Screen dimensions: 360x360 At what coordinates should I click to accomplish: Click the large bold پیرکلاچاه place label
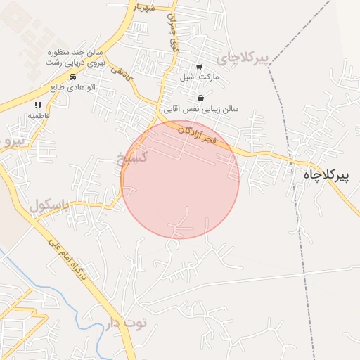pyautogui.click(x=330, y=174)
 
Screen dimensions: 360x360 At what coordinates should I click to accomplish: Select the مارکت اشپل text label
pyautogui.click(x=200, y=76)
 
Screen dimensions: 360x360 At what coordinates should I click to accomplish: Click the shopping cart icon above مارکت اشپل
pyautogui.click(x=200, y=67)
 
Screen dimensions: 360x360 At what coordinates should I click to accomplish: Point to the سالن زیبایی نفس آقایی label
pyautogui.click(x=202, y=109)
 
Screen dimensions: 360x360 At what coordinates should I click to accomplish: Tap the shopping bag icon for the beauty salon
pyautogui.click(x=201, y=98)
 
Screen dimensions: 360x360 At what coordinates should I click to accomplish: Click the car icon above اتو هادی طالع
pyautogui.click(x=73, y=77)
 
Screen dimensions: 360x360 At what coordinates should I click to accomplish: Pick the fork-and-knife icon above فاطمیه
pyautogui.click(x=37, y=105)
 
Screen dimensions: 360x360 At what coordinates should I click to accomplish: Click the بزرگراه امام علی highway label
pyautogui.click(x=70, y=261)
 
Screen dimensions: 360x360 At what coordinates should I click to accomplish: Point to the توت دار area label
pyautogui.click(x=127, y=323)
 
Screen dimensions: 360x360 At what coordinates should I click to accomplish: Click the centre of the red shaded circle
pyautogui.click(x=181, y=180)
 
